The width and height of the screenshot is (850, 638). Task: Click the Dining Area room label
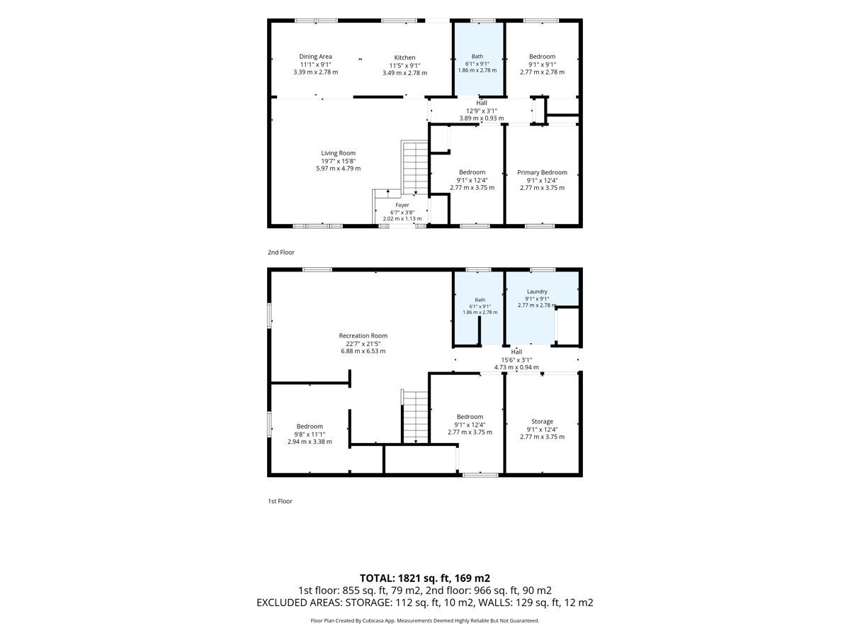(x=315, y=57)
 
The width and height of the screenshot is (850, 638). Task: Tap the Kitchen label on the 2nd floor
(x=404, y=57)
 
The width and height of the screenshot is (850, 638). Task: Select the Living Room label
(x=338, y=153)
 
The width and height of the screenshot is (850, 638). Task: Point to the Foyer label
(x=402, y=205)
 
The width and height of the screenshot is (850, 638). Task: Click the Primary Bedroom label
(x=542, y=172)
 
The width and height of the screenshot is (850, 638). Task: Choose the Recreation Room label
(x=363, y=336)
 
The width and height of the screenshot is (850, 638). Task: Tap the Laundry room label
(x=537, y=291)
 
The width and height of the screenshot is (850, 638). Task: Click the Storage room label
(x=542, y=422)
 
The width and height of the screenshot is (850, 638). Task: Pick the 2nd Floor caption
(x=280, y=252)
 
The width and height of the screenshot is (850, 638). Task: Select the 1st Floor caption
(x=280, y=501)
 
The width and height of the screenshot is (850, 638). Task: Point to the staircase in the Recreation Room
(x=415, y=416)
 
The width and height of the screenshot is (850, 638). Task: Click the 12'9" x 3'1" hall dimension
(x=482, y=111)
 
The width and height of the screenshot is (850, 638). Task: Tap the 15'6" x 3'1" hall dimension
(x=516, y=360)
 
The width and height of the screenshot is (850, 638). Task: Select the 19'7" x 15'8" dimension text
(x=338, y=161)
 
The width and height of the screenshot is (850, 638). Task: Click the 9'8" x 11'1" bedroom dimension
(x=310, y=435)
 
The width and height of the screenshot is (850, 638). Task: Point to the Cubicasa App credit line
(x=424, y=620)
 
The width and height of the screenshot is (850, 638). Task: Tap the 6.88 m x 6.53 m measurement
(x=363, y=352)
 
